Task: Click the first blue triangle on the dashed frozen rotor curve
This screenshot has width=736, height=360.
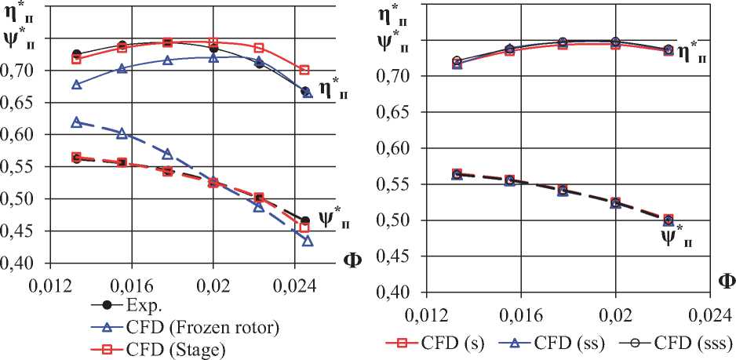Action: click(76, 122)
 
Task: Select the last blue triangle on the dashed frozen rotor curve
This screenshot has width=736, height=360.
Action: click(308, 241)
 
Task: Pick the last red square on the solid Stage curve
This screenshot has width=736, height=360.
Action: click(304, 71)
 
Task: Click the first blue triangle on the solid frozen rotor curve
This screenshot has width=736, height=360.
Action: click(76, 84)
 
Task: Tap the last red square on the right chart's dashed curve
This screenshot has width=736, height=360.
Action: click(669, 220)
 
